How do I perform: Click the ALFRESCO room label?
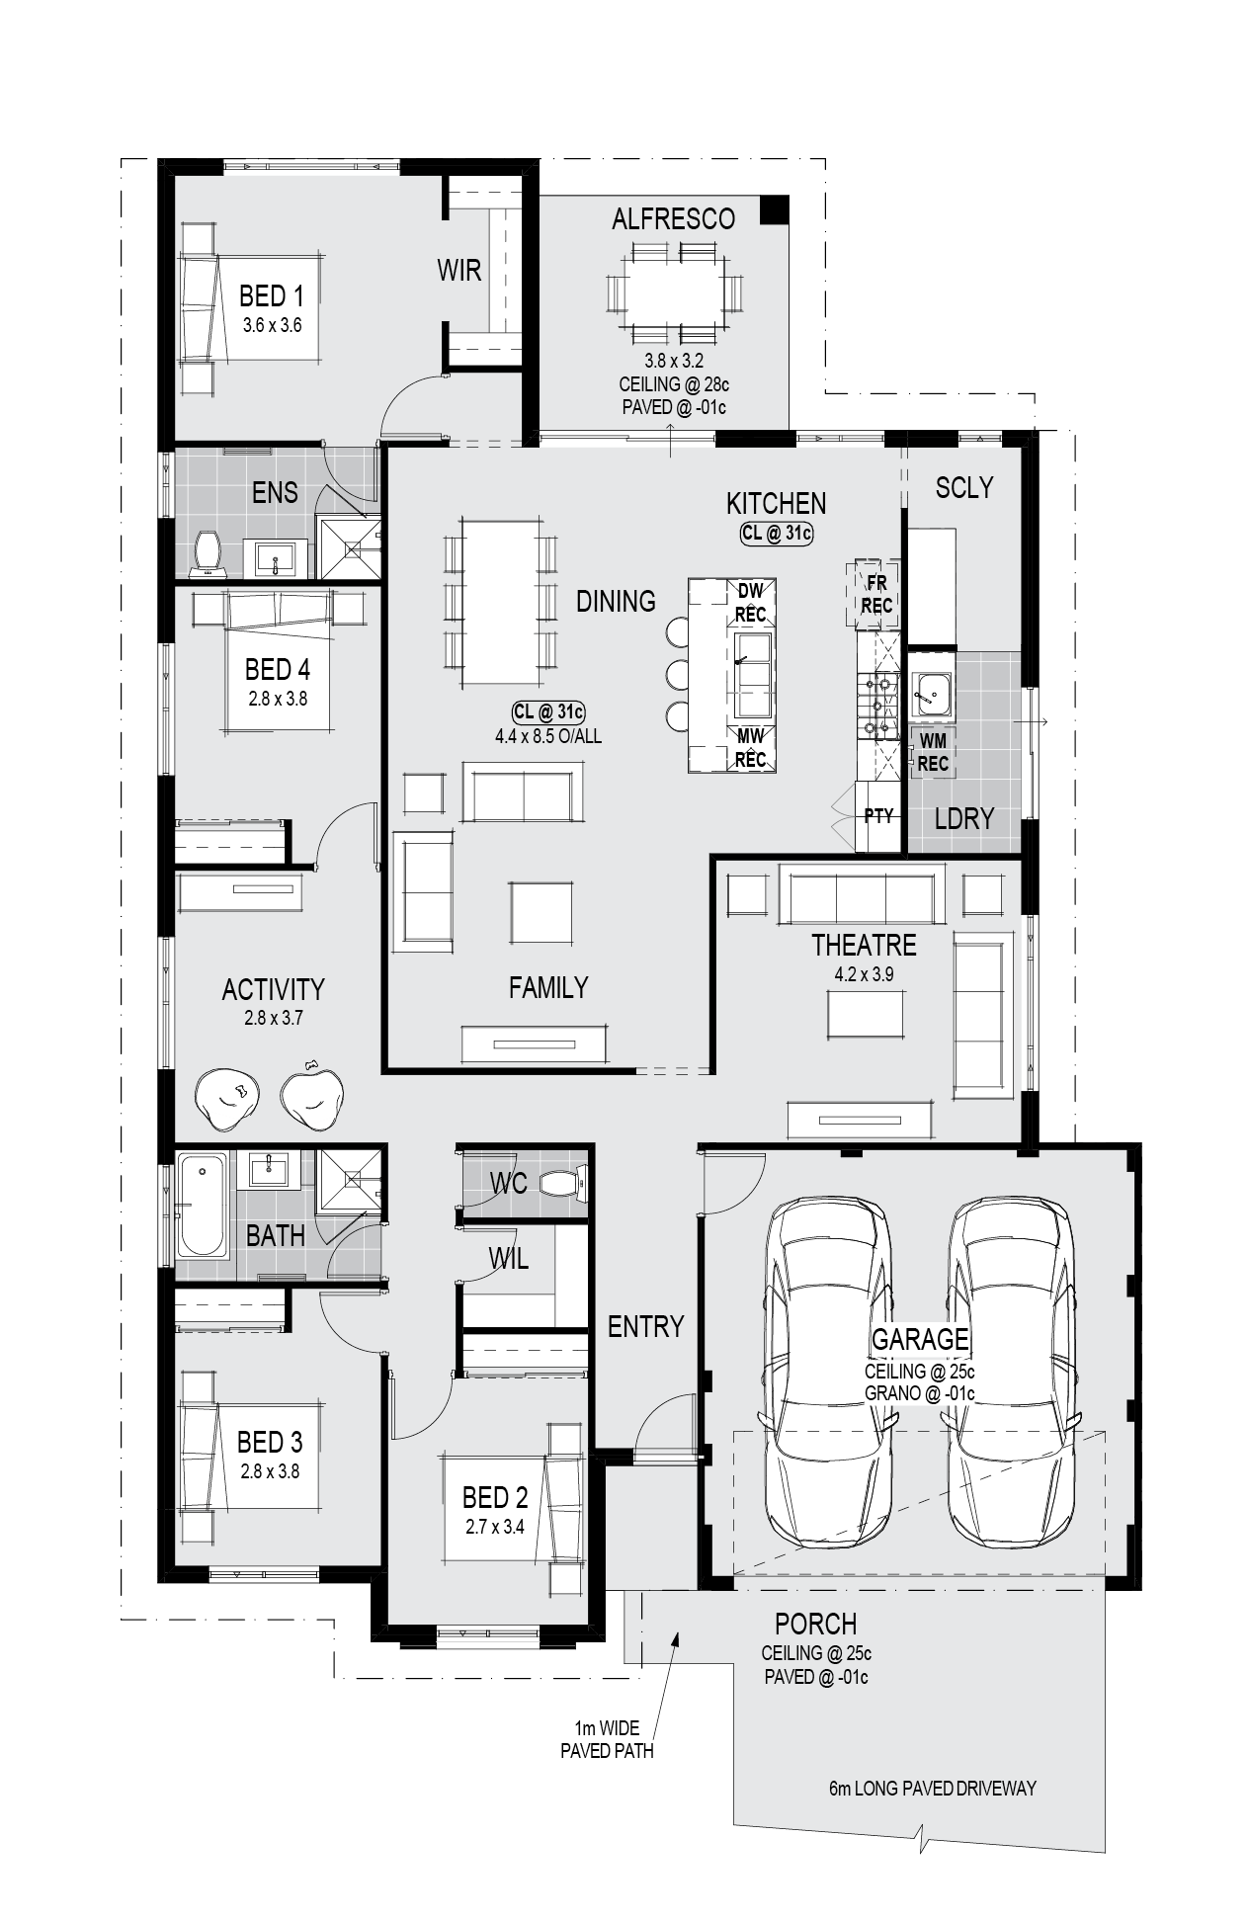pyautogui.click(x=673, y=218)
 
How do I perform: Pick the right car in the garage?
pyautogui.click(x=1012, y=1374)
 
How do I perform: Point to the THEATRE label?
pyautogui.click(x=864, y=946)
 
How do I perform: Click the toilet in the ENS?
pyautogui.click(x=208, y=554)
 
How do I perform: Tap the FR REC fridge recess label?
pyautogui.click(x=875, y=594)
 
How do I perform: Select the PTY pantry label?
pyautogui.click(x=878, y=816)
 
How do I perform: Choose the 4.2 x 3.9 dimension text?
pyautogui.click(x=864, y=974)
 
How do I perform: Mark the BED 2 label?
pyautogui.click(x=495, y=1497)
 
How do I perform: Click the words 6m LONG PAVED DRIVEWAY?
pyautogui.click(x=933, y=1788)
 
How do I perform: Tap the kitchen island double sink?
pyautogui.click(x=752, y=676)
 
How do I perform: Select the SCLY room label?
pyautogui.click(x=963, y=487)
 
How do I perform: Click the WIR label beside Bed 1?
pyautogui.click(x=459, y=270)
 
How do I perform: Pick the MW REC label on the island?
pyautogui.click(x=750, y=748)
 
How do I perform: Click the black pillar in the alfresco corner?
pyautogui.click(x=774, y=209)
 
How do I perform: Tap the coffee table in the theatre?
pyautogui.click(x=866, y=1014)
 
